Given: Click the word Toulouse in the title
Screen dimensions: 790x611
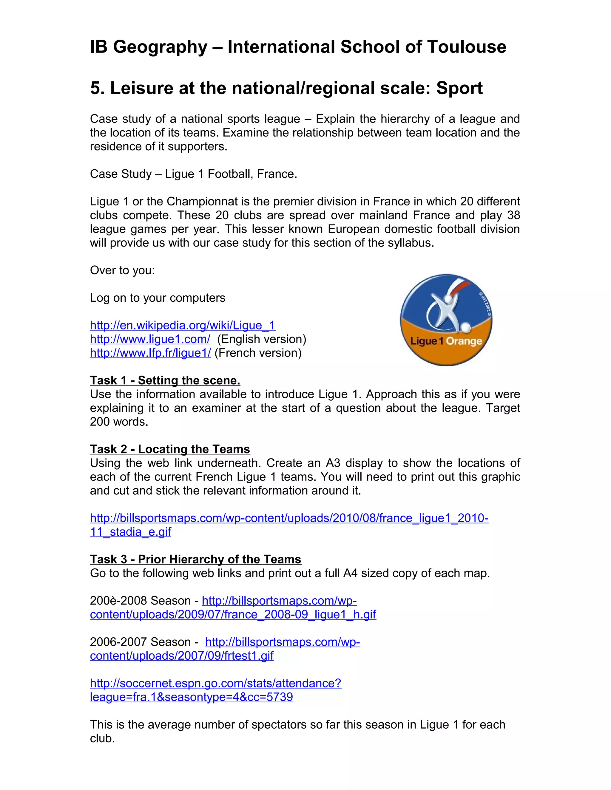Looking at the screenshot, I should click(x=466, y=47).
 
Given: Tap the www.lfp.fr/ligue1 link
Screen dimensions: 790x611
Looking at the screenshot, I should click(x=150, y=353).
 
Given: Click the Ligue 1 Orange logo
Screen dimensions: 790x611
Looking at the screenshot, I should click(x=446, y=320).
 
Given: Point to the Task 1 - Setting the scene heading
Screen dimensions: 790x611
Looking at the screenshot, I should click(x=165, y=380).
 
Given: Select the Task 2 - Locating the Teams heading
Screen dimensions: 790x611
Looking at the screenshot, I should click(x=170, y=449).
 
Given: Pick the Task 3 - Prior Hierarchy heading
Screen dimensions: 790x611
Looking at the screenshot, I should click(x=195, y=559).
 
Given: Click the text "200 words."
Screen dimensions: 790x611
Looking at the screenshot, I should click(x=119, y=422).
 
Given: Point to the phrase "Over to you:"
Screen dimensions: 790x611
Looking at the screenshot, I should click(x=122, y=270).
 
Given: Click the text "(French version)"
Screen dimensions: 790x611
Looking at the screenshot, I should click(x=258, y=353).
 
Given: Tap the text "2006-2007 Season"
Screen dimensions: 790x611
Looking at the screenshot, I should click(x=140, y=642).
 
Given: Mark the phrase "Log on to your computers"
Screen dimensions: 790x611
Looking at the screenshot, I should click(x=158, y=298).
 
